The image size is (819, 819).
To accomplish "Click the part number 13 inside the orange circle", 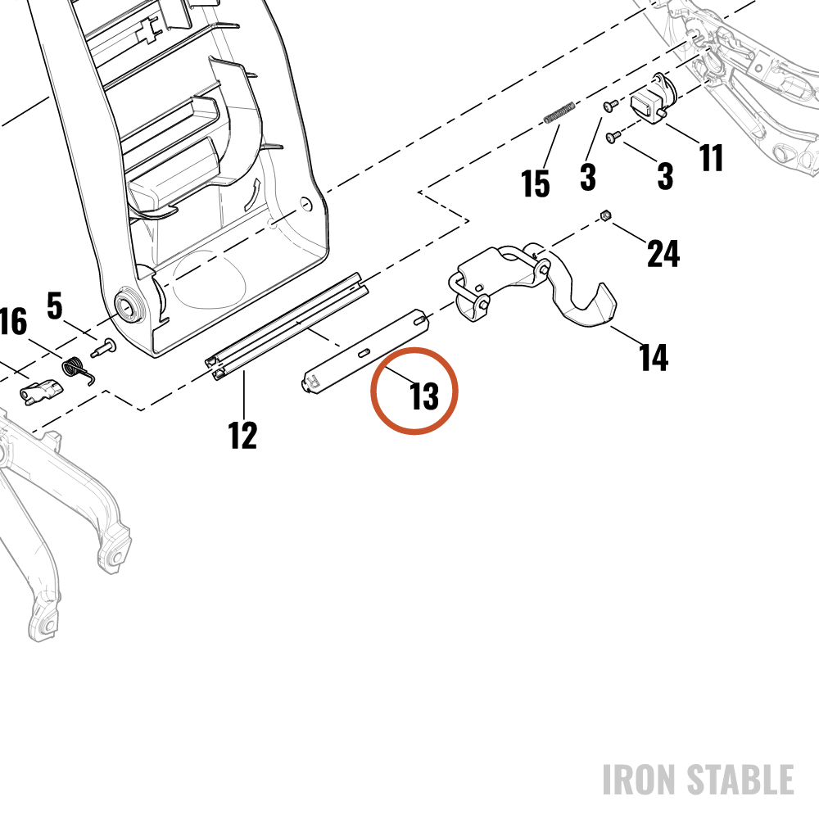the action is [x=424, y=396].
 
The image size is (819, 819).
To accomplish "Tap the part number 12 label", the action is [x=243, y=435].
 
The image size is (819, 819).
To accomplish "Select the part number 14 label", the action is [x=654, y=357].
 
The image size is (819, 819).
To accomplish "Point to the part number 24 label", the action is [x=663, y=253].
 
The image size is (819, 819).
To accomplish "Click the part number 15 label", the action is [x=536, y=183].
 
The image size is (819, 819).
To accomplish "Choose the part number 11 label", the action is [x=711, y=157].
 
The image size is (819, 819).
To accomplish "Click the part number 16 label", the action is [x=12, y=321].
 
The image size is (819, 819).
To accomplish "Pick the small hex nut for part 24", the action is [x=605, y=215].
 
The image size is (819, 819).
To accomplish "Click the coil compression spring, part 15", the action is [x=559, y=113].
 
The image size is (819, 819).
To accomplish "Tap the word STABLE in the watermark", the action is [x=740, y=780].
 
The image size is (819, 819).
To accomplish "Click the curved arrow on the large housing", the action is [x=251, y=195].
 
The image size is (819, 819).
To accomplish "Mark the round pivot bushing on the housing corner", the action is [x=129, y=305].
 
